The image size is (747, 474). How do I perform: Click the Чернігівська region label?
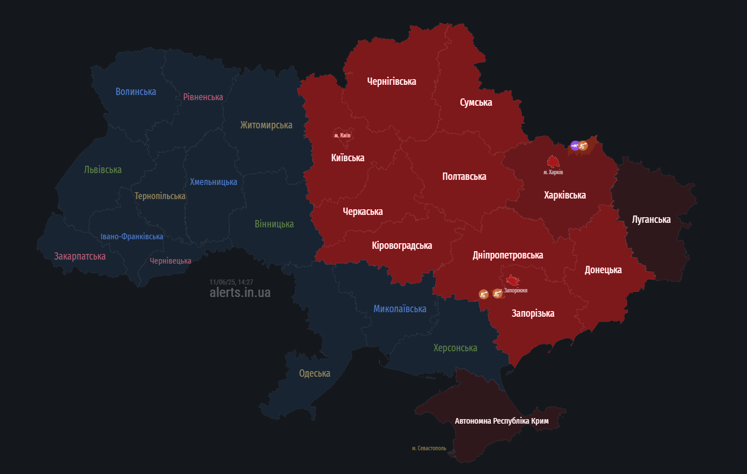tap(391, 81)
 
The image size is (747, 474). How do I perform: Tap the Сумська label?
tap(476, 102)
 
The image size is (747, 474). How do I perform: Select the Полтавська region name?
tap(464, 176)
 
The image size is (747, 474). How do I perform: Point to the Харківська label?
tap(564, 195)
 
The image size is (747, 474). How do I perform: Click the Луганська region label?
tap(651, 219)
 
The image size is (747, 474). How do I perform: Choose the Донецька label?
tap(603, 270)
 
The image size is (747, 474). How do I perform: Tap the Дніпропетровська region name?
tap(507, 255)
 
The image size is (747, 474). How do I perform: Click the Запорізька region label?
tap(533, 313)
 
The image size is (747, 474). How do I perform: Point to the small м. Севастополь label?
tap(429, 449)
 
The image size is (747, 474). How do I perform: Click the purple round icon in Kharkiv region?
tap(575, 146)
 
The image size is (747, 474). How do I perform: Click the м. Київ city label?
tap(342, 136)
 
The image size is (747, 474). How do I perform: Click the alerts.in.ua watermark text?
tap(240, 292)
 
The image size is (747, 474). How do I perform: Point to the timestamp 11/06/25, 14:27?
tap(231, 282)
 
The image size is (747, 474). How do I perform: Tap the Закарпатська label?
tap(80, 256)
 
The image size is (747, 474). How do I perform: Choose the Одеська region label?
tap(314, 373)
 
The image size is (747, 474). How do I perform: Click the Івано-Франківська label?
tap(132, 236)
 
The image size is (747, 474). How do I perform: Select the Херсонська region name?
tap(455, 348)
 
